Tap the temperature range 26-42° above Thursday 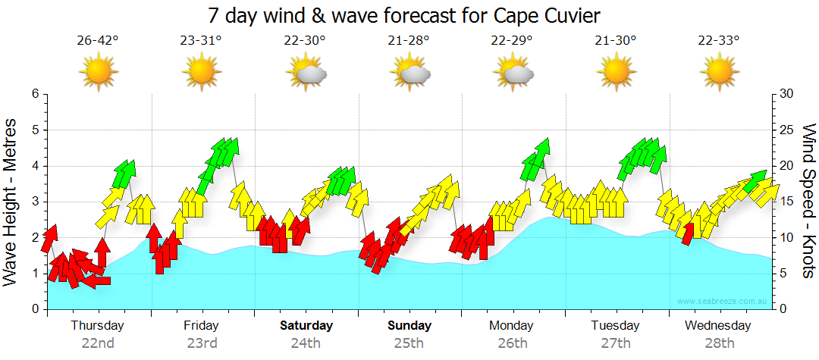98,41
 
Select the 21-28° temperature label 410,41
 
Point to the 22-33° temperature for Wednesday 719,41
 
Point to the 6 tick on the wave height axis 34,94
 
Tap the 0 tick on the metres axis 34,309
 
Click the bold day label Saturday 306,326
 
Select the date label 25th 409,343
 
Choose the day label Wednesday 717,326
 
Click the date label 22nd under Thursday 98,343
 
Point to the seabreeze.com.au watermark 722,302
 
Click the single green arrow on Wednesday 754,182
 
